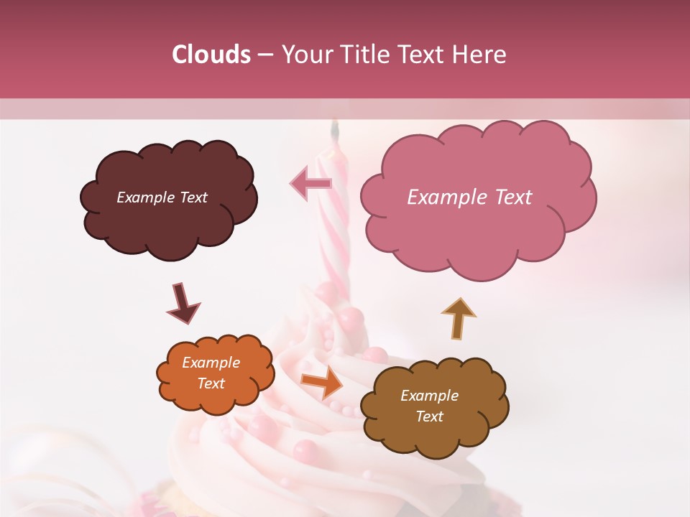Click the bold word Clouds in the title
click(211, 55)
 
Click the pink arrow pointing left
click(310, 182)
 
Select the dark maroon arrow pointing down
click(183, 303)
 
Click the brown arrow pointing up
click(458, 318)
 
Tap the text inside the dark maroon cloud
click(162, 197)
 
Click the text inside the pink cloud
click(469, 197)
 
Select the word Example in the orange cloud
click(211, 363)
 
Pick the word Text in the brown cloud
click(429, 416)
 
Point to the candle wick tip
click(334, 128)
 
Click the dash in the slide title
click(264, 55)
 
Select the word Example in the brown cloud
click(429, 396)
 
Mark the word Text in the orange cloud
click(211, 383)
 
